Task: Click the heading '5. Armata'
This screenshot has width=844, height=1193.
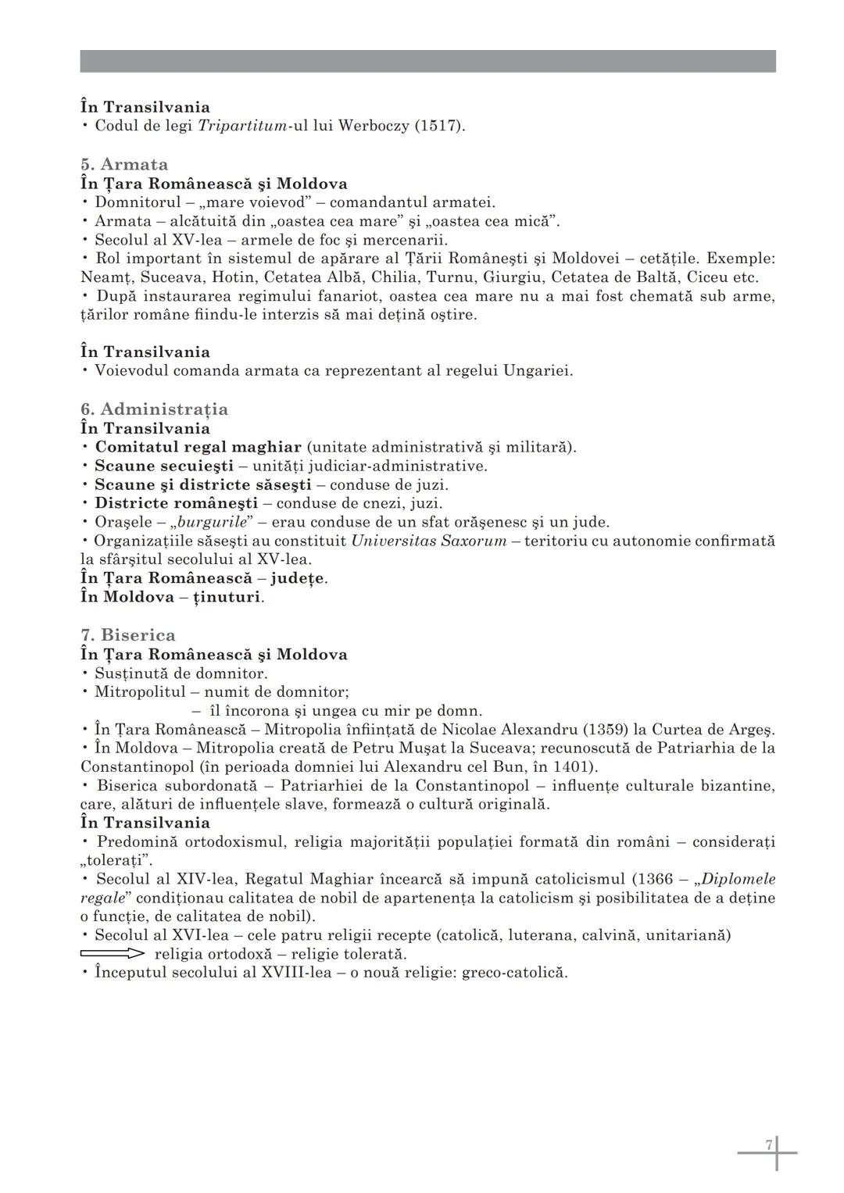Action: [124, 164]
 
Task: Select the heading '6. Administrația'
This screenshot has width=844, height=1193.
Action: [154, 409]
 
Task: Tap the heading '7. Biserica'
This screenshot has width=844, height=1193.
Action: [128, 634]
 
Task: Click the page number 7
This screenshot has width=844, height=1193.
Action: [768, 1145]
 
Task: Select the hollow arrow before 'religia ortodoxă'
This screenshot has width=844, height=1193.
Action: [113, 954]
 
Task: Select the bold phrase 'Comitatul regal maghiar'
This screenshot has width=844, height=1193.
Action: [198, 447]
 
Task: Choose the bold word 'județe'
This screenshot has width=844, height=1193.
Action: [298, 578]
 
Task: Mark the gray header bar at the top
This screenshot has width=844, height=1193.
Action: [427, 61]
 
